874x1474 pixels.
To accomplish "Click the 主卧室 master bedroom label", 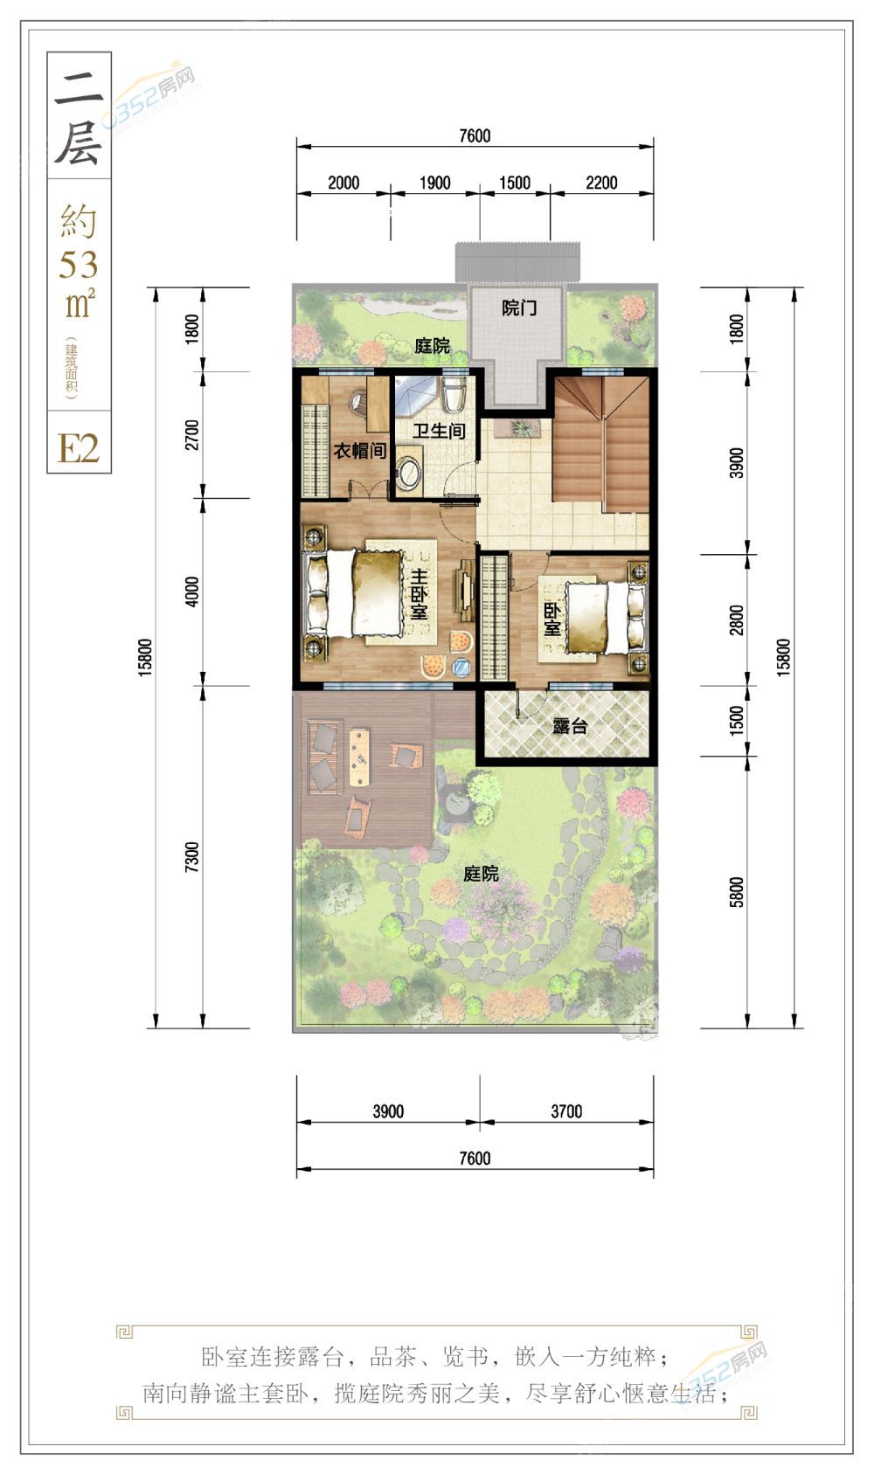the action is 420,594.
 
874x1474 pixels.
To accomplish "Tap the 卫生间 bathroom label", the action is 439,431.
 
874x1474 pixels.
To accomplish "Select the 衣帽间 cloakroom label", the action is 359,451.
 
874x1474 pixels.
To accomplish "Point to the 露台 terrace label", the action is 569,726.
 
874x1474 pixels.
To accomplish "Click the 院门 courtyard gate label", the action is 519,308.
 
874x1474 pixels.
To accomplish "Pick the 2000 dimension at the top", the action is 343,183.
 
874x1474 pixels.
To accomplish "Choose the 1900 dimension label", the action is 435,183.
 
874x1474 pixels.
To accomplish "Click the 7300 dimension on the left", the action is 191,857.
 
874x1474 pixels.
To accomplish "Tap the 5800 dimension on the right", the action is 737,892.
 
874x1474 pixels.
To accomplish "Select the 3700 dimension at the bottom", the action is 566,1111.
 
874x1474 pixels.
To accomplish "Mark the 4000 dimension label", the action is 191,591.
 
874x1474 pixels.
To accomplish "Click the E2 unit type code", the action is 79,449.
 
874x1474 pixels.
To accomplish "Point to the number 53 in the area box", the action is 79,265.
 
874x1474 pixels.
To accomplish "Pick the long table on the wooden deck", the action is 359,756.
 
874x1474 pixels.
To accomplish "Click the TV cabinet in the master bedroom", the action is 465,589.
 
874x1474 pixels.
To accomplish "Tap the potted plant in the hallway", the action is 521,428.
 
